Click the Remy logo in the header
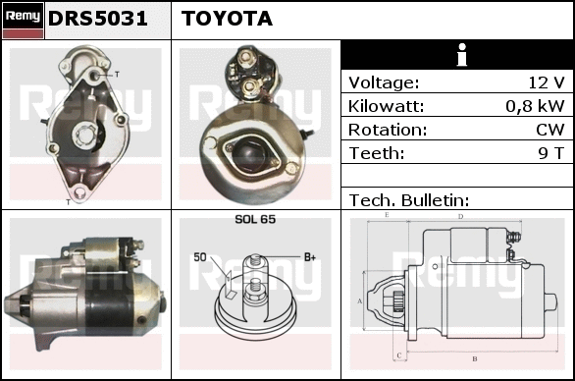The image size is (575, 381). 23,21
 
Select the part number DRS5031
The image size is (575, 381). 97,19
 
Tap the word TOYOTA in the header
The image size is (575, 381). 227,19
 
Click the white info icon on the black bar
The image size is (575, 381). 462,55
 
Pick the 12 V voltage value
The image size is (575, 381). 546,82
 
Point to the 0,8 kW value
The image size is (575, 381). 535,106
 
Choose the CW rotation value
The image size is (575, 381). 550,130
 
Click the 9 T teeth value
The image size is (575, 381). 550,153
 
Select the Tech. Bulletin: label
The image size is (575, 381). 409,200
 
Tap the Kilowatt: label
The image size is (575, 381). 386,106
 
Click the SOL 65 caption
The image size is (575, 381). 255,219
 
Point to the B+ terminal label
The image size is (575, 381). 310,257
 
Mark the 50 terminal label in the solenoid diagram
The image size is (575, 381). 200,257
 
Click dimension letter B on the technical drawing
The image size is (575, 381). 475,358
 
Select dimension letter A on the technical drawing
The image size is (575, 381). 360,301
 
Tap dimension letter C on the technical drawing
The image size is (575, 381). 399,355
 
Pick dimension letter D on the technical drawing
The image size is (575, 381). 460,217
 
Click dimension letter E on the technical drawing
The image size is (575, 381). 387,215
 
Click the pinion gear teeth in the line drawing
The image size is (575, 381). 398,301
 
